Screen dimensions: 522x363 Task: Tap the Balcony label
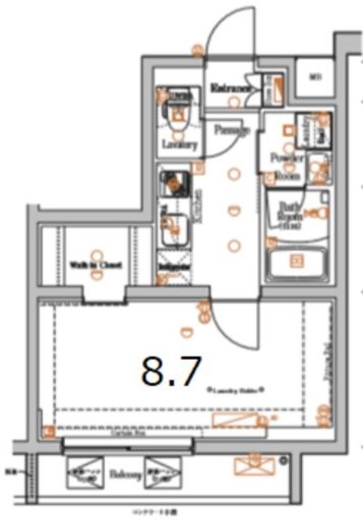[x=122, y=472]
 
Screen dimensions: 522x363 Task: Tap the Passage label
[x=231, y=130]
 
